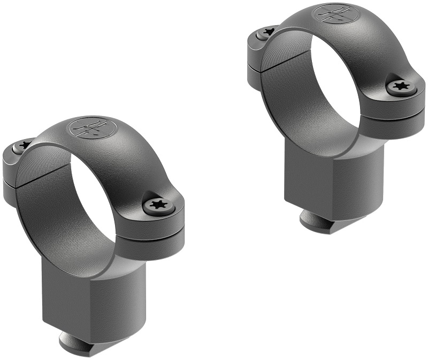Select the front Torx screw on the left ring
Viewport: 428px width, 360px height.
tap(156, 205)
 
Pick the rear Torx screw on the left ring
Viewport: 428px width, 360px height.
tap(23, 144)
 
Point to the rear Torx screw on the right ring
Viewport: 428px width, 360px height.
tap(266, 33)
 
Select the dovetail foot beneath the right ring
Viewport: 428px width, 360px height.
tap(314, 218)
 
